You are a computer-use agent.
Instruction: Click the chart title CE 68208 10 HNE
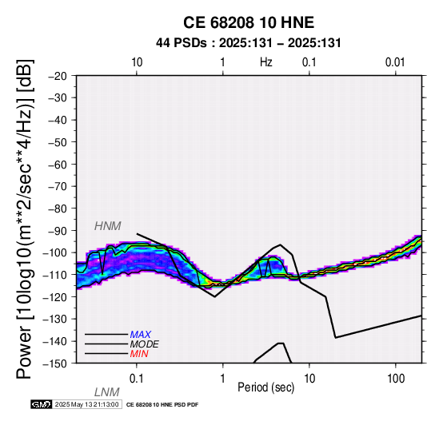tap(249, 22)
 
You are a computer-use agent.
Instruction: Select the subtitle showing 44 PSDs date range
tap(249, 43)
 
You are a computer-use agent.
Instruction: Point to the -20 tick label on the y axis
tap(58, 76)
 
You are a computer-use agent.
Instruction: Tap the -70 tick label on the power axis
tap(58, 186)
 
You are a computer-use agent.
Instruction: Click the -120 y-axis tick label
tap(55, 297)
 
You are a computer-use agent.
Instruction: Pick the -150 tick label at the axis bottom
tap(55, 363)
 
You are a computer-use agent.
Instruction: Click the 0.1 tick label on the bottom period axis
tap(137, 379)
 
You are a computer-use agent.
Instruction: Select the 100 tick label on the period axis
tap(396, 379)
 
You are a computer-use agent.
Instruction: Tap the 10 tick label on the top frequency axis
tap(137, 62)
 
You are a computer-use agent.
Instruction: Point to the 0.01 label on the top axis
tap(395, 62)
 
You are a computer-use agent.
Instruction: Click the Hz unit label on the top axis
tap(266, 62)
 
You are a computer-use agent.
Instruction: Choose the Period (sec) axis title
tap(266, 387)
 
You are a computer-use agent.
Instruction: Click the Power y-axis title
tap(25, 219)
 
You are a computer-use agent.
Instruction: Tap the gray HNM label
tap(108, 226)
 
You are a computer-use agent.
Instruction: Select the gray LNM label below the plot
tap(107, 392)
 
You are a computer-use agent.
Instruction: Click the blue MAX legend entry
tap(141, 335)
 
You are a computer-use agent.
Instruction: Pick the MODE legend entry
tap(145, 344)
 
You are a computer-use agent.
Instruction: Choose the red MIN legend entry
tap(139, 354)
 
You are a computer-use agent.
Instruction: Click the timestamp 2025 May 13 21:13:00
tap(86, 404)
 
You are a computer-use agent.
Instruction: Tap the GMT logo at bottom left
tap(42, 404)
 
